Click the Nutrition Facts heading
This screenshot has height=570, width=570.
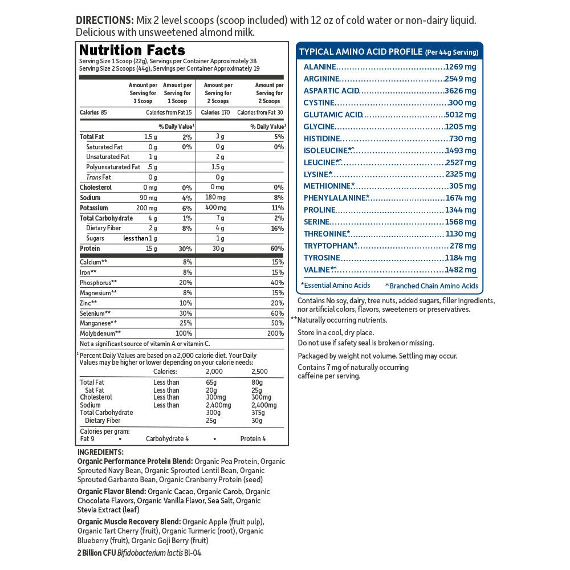click(x=132, y=50)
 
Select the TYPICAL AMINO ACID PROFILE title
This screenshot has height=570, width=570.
click(x=361, y=51)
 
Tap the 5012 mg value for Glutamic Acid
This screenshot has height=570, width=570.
click(x=461, y=115)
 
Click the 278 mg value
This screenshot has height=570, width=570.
click(x=463, y=246)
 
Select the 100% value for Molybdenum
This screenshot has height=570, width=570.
click(x=184, y=333)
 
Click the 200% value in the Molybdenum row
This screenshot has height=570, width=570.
click(x=275, y=333)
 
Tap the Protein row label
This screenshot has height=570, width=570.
click(x=90, y=249)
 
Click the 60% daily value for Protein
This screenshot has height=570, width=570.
click(x=277, y=249)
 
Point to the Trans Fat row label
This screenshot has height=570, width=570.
click(x=98, y=177)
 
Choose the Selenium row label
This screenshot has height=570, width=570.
click(x=95, y=313)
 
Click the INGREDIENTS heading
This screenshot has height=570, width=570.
click(x=100, y=452)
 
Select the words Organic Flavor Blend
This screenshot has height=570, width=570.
click(x=111, y=491)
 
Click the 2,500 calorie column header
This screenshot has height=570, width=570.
click(x=259, y=371)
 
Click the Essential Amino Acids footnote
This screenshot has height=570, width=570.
click(x=336, y=286)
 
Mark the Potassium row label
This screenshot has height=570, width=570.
click(x=94, y=208)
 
